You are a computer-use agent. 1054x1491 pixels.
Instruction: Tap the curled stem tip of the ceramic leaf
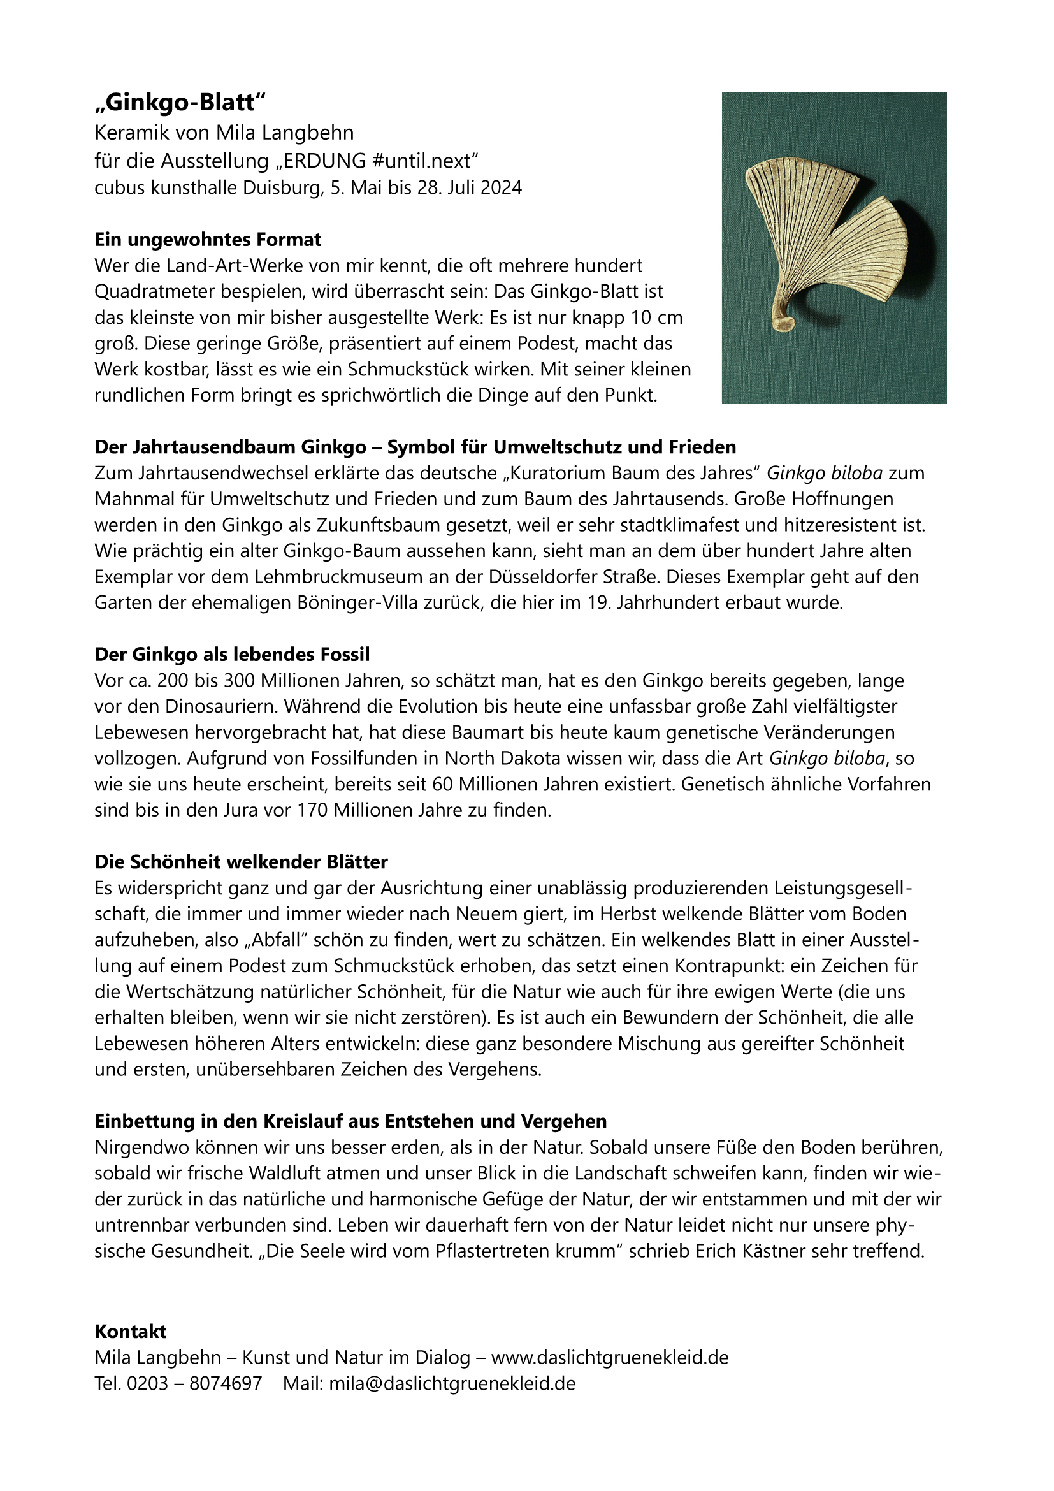tap(786, 321)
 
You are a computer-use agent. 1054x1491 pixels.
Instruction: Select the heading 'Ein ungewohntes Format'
tap(208, 240)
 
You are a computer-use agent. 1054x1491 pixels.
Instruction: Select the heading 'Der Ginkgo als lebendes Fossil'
tap(233, 654)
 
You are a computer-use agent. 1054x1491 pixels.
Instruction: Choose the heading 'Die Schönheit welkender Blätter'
tap(242, 862)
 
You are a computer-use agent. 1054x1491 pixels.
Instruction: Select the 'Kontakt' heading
tap(131, 1331)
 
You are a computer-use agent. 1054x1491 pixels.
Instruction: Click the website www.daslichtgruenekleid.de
tap(609, 1357)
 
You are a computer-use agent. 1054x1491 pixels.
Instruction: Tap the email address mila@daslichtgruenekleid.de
tap(452, 1383)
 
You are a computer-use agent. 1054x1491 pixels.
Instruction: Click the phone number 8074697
tap(225, 1383)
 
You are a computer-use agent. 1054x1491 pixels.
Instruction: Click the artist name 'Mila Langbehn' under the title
tap(285, 133)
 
